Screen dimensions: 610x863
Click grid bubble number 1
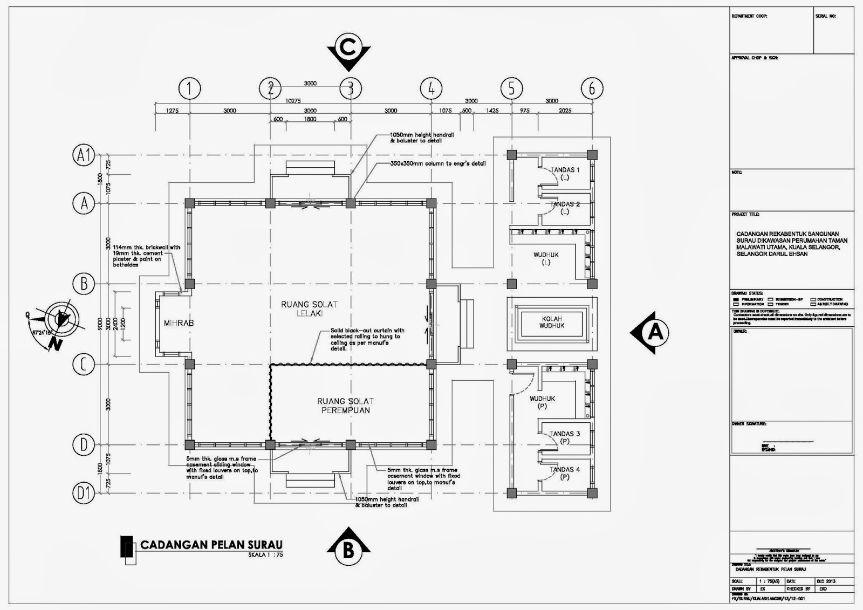[x=189, y=88]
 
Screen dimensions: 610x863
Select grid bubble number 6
[x=592, y=88]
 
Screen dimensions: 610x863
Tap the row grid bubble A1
[x=84, y=156]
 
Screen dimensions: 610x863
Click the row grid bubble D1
[x=84, y=492]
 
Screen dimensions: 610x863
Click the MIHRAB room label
[x=179, y=323]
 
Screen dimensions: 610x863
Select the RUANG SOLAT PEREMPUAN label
[x=345, y=406]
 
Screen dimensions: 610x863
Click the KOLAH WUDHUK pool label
[x=552, y=323]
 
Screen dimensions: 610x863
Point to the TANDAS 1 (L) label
[x=564, y=173]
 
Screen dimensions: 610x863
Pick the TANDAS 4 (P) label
[x=564, y=473]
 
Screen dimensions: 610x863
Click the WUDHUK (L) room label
[x=546, y=258]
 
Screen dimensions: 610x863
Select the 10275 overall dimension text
[x=293, y=101]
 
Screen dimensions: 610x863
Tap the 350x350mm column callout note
[x=438, y=163]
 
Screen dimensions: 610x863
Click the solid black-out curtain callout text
[x=367, y=339]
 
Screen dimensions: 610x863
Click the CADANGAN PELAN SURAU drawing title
[x=211, y=545]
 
